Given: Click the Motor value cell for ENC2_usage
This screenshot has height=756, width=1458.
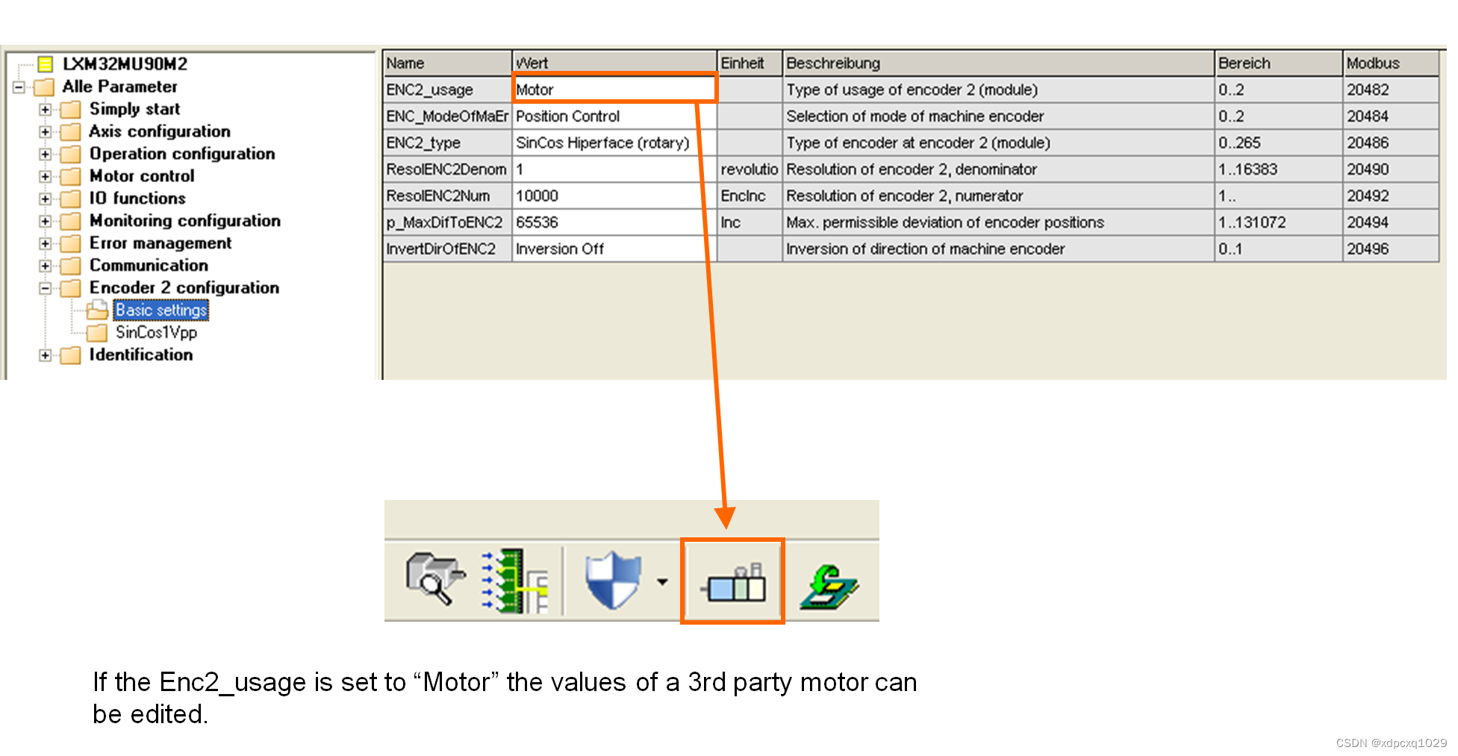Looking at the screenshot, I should (x=614, y=90).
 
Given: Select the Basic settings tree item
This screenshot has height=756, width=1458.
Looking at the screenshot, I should (x=161, y=310).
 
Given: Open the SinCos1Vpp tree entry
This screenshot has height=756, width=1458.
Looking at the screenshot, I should (x=156, y=332).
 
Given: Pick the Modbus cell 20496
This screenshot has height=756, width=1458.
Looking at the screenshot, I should (x=1368, y=249).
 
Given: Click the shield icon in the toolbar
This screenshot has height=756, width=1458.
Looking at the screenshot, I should (x=613, y=580).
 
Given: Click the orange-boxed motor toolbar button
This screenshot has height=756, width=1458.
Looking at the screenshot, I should (x=732, y=581).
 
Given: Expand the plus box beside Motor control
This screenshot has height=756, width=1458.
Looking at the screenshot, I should (x=46, y=177).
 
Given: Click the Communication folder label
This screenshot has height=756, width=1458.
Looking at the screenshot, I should (x=149, y=265).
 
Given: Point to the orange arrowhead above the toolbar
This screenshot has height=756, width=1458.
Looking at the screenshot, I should (x=725, y=516).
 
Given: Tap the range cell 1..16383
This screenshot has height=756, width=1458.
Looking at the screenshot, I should (x=1247, y=169).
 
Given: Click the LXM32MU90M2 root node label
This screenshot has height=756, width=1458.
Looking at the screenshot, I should (x=125, y=64).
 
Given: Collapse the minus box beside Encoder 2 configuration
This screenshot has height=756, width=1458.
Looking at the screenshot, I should (x=46, y=288).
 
